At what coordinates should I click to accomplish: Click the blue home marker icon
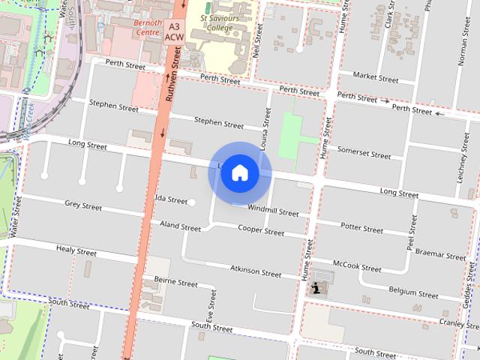[x=240, y=172]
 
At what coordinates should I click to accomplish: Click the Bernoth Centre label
[x=147, y=28]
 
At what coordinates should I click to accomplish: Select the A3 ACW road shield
[x=173, y=30]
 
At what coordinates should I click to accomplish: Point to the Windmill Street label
[x=273, y=211]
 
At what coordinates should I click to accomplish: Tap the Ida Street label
[x=171, y=199]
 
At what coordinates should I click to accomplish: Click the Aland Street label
[x=181, y=226]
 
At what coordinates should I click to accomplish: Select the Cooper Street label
[x=261, y=231]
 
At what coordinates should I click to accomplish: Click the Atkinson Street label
[x=256, y=270]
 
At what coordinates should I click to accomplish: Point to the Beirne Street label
[x=175, y=282]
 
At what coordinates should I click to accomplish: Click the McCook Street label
[x=357, y=266]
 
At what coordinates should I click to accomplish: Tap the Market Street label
[x=376, y=76]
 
